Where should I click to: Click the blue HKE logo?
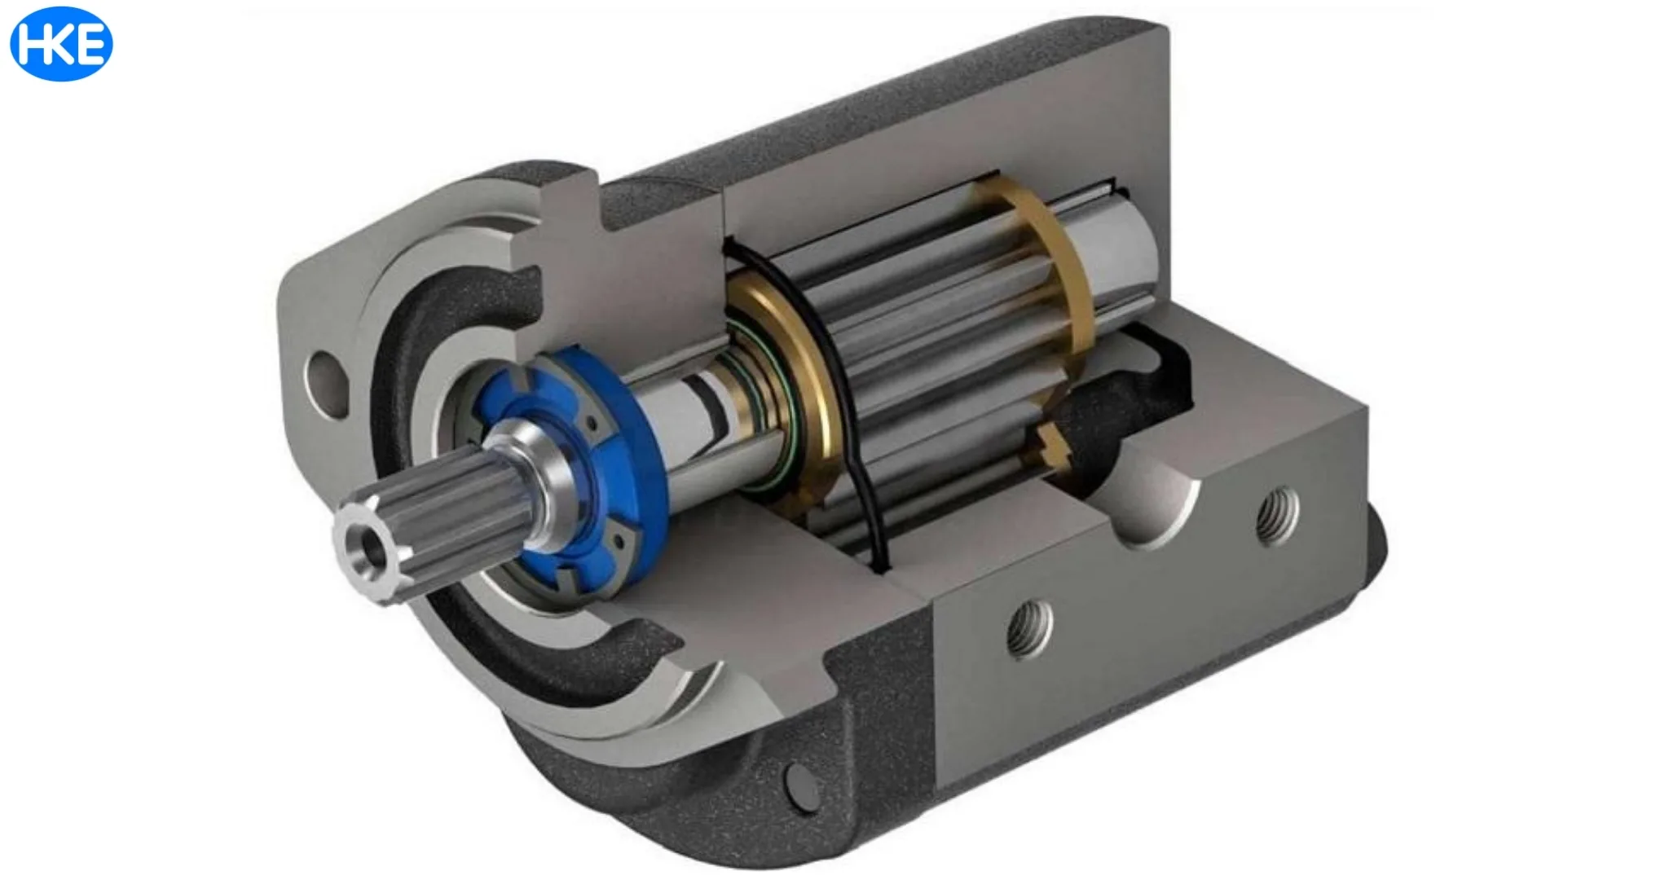(x=61, y=44)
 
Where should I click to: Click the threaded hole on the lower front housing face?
(x=1028, y=628)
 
